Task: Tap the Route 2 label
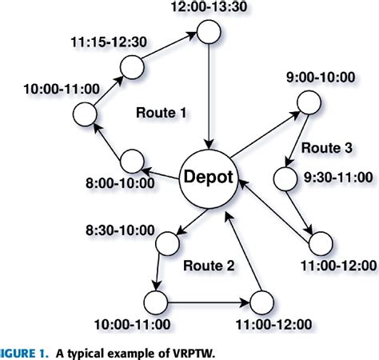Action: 209,264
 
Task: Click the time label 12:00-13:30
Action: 204,8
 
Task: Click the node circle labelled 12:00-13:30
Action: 209,33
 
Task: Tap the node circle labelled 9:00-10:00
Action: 308,102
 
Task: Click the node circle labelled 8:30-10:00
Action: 168,241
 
